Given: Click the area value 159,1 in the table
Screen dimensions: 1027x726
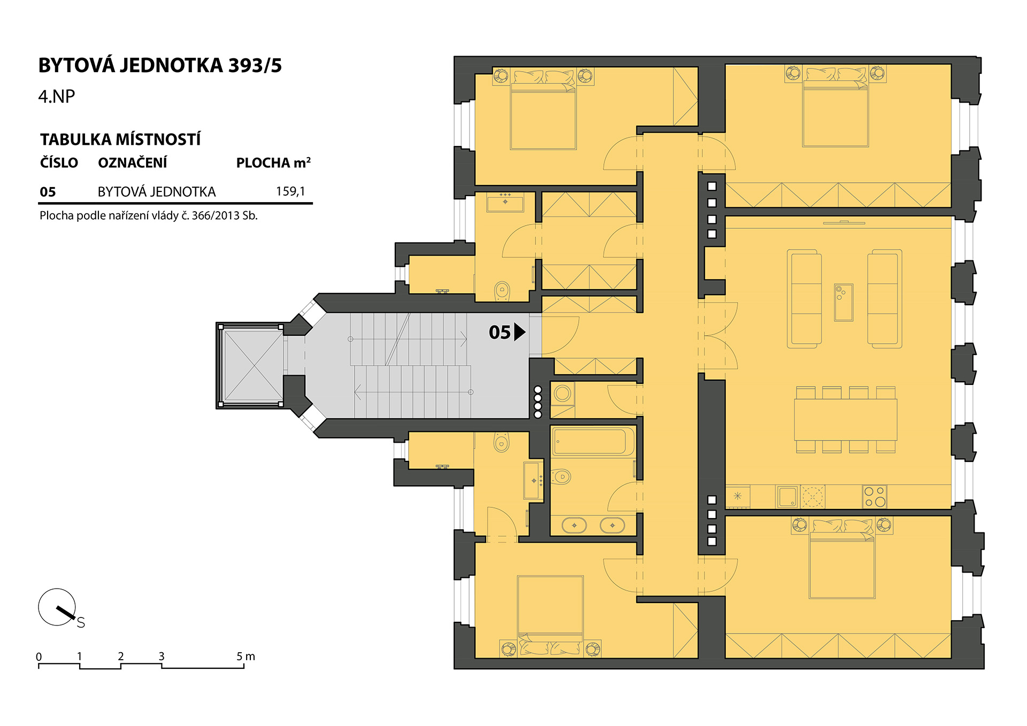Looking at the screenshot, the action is (290, 191).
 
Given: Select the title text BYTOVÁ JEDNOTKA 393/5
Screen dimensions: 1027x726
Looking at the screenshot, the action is (160, 65).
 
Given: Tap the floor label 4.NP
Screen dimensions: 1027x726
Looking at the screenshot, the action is (57, 96).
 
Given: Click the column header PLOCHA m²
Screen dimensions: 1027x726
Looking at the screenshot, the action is (273, 163).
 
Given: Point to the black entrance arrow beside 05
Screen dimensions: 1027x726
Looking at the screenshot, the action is (519, 332).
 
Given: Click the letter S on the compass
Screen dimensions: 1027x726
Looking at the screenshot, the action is (81, 622).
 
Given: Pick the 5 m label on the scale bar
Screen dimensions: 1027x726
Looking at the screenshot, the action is (246, 656).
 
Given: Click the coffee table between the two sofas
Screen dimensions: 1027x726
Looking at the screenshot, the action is (844, 303).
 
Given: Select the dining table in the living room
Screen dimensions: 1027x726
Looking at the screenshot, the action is (845, 420).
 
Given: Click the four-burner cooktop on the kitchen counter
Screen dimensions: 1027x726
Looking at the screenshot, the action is (875, 497).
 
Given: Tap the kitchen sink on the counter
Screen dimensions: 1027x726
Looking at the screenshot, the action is (787, 497).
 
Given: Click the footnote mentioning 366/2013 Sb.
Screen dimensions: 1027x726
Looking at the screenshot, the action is (149, 216).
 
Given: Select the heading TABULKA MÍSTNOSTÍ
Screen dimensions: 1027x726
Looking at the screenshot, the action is (120, 140).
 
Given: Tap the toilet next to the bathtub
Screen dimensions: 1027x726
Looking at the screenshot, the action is (561, 476).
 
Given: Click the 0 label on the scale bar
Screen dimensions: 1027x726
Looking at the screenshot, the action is (39, 657).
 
